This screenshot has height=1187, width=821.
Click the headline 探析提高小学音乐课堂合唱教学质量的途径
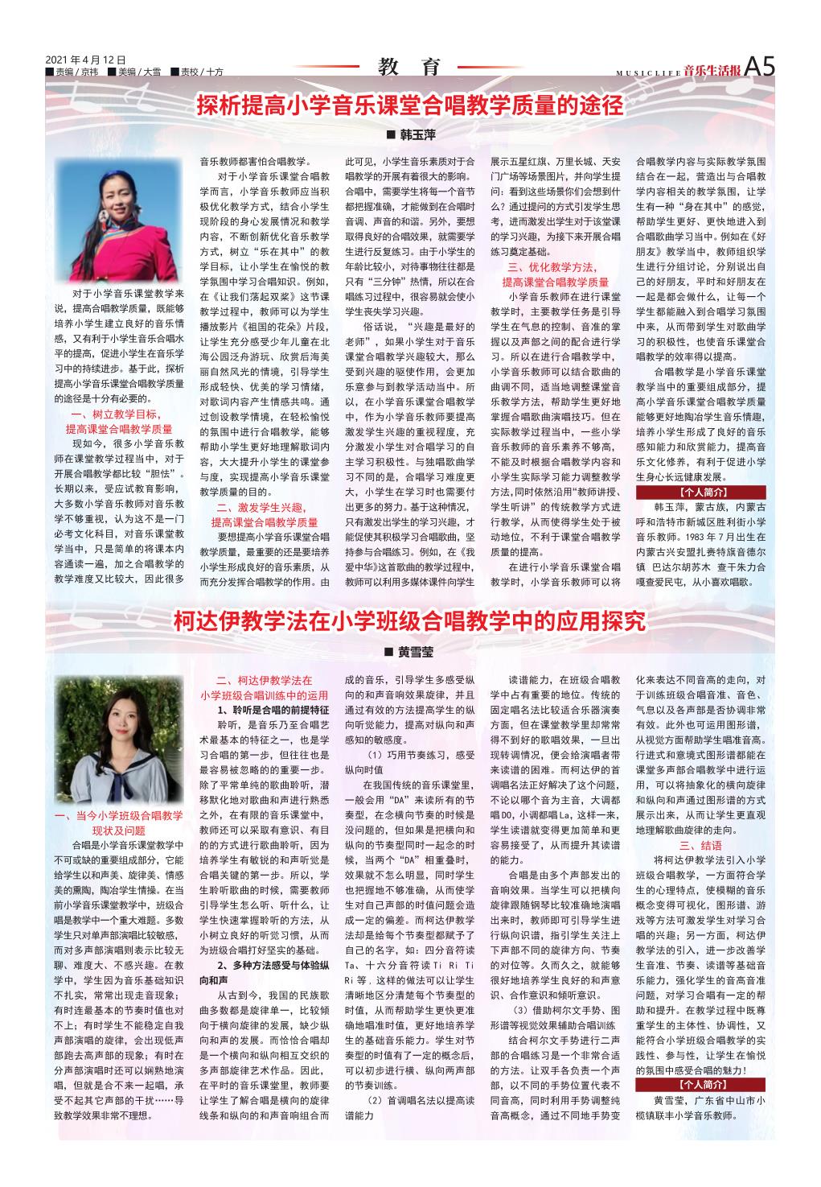[410, 105]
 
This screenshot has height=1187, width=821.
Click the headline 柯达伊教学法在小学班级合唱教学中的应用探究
[410, 621]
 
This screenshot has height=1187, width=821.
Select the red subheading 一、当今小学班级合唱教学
[119, 816]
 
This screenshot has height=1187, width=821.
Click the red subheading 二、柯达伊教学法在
[265, 680]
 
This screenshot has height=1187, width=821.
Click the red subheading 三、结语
[700, 846]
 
